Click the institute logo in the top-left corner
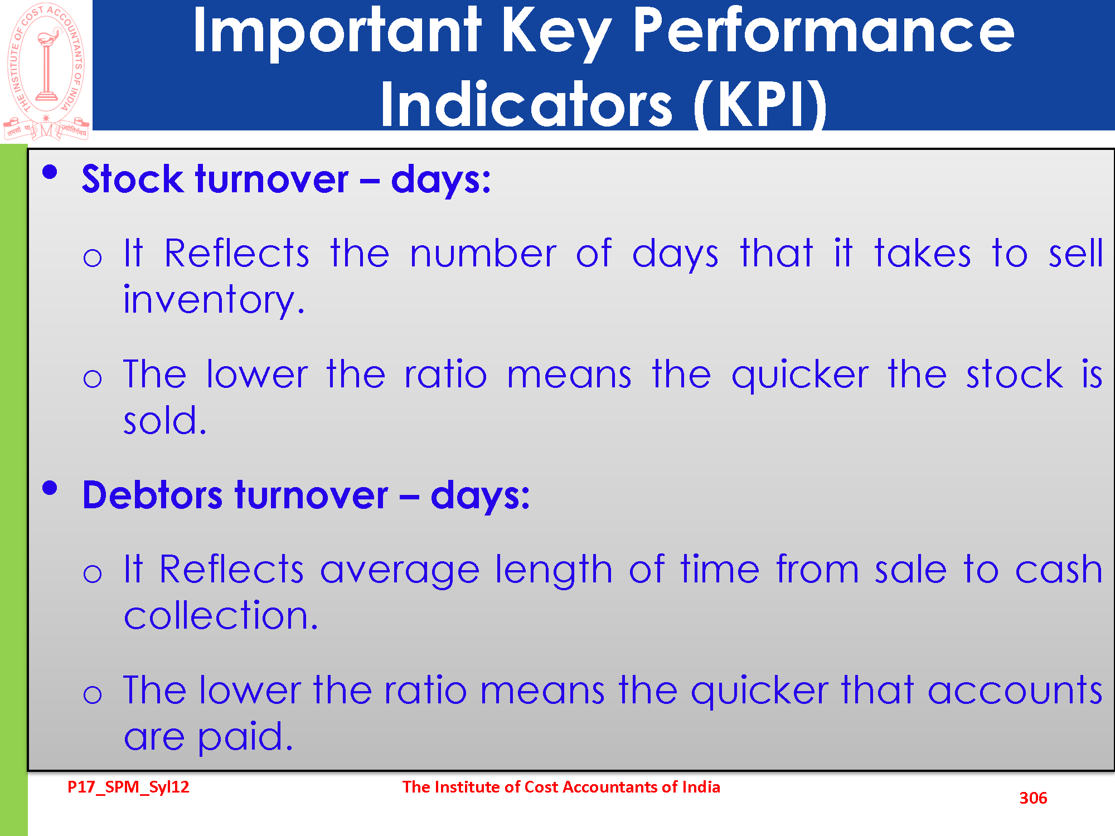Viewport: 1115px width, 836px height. [x=46, y=71]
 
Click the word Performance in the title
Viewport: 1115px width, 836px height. [x=823, y=32]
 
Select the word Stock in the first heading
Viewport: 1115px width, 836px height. [x=132, y=179]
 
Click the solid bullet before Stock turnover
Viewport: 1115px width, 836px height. [x=50, y=172]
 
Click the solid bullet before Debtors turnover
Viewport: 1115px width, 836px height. [x=50, y=488]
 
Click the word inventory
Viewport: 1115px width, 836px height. [x=214, y=300]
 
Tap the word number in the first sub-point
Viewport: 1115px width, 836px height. [x=483, y=254]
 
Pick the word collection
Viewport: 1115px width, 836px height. [x=221, y=615]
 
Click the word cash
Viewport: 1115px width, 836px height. [x=1059, y=569]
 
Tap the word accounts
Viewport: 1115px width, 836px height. [x=1015, y=691]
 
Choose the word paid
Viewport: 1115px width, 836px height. [x=245, y=737]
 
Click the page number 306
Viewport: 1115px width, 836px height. [x=1033, y=798]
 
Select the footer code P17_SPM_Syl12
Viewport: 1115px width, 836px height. [x=128, y=787]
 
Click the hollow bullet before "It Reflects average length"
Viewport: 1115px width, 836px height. [x=93, y=573]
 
